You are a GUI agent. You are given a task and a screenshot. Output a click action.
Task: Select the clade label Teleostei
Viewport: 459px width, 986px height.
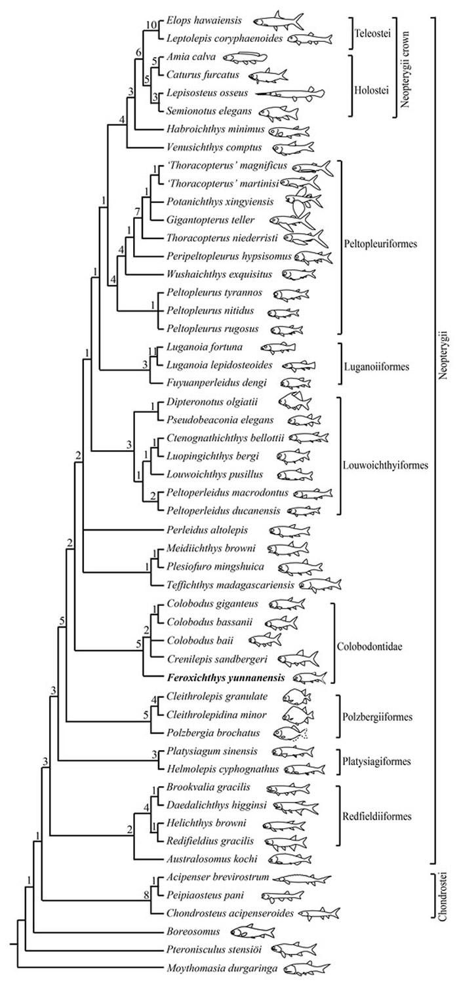pos(370,31)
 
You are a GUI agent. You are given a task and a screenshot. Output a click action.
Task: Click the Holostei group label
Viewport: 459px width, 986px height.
pos(371,83)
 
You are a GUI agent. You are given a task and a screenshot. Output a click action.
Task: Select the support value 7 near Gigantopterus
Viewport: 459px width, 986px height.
pos(137,211)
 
